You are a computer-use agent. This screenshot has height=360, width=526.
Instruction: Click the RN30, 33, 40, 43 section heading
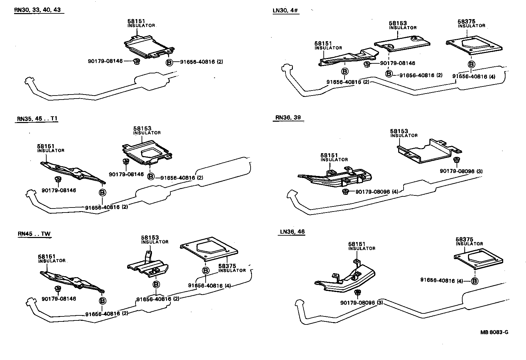(x=37, y=10)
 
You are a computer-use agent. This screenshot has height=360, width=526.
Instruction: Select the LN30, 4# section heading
(x=285, y=10)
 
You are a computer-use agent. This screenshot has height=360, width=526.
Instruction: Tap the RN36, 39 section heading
(x=288, y=118)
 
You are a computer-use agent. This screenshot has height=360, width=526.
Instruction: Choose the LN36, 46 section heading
(x=292, y=232)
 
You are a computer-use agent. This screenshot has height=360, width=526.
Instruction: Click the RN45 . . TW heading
(x=34, y=234)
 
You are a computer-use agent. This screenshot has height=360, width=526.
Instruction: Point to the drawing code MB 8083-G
(x=494, y=332)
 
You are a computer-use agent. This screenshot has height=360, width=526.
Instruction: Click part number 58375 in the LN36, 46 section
(x=465, y=239)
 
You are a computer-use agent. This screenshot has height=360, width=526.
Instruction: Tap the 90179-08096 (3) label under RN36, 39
(x=461, y=171)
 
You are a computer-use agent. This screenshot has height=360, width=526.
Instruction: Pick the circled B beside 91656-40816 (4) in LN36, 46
(x=474, y=281)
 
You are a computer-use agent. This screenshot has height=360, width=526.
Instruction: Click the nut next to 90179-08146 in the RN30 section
(x=136, y=61)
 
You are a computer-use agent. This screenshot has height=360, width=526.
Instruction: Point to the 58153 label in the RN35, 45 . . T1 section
(x=142, y=128)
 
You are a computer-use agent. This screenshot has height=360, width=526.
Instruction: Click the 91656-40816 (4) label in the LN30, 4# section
(x=474, y=76)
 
